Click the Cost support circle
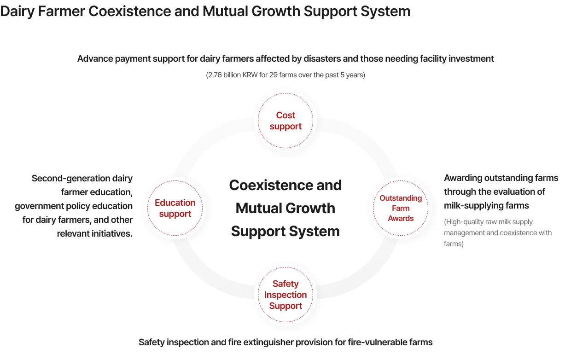pyautogui.click(x=285, y=121)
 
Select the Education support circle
pyautogui.click(x=175, y=208)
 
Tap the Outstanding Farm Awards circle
pyautogui.click(x=401, y=208)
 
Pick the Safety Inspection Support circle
pyautogui.click(x=285, y=295)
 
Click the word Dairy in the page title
pyautogui.click(x=17, y=12)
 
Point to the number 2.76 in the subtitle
pyautogui.click(x=215, y=75)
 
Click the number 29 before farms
pyautogui.click(x=273, y=75)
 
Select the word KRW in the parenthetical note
pyautogui.click(x=250, y=75)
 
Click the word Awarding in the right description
pyautogui.click(x=463, y=178)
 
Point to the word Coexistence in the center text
pyautogui.click(x=271, y=185)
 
